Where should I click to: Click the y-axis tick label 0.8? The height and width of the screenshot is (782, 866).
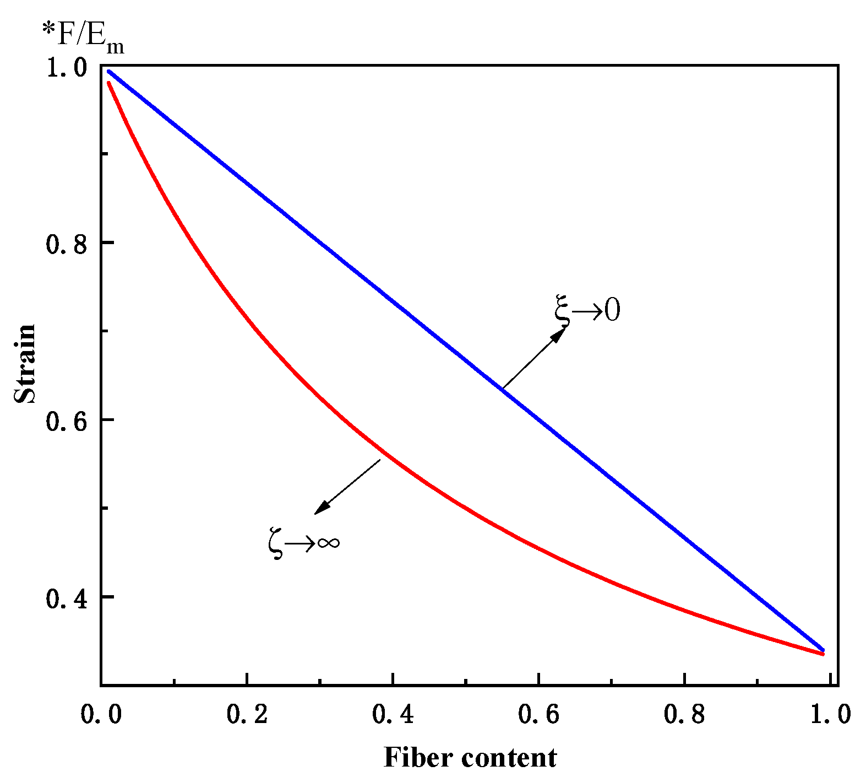click(x=67, y=244)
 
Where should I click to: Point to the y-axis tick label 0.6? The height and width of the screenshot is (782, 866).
click(x=67, y=422)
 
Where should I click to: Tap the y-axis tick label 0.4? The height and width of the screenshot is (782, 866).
click(x=67, y=599)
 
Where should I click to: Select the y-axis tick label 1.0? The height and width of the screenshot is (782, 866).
click(x=67, y=68)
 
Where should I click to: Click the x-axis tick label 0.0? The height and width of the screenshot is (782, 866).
click(x=101, y=714)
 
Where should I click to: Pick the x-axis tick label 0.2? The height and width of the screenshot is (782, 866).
click(x=247, y=714)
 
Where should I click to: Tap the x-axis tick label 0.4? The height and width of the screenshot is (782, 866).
click(x=393, y=714)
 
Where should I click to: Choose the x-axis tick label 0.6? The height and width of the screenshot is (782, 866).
click(x=539, y=714)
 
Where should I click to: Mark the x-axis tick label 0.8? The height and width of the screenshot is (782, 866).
click(x=684, y=714)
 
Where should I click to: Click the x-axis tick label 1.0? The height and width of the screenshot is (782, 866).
click(x=830, y=714)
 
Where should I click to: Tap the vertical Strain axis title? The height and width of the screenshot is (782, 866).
click(x=25, y=364)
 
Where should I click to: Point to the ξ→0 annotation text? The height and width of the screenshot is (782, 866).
click(x=587, y=309)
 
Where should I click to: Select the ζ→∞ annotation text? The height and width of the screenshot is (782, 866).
click(x=304, y=542)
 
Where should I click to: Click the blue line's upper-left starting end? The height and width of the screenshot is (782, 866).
click(x=109, y=72)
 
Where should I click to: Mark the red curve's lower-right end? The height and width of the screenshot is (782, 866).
click(x=823, y=654)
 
